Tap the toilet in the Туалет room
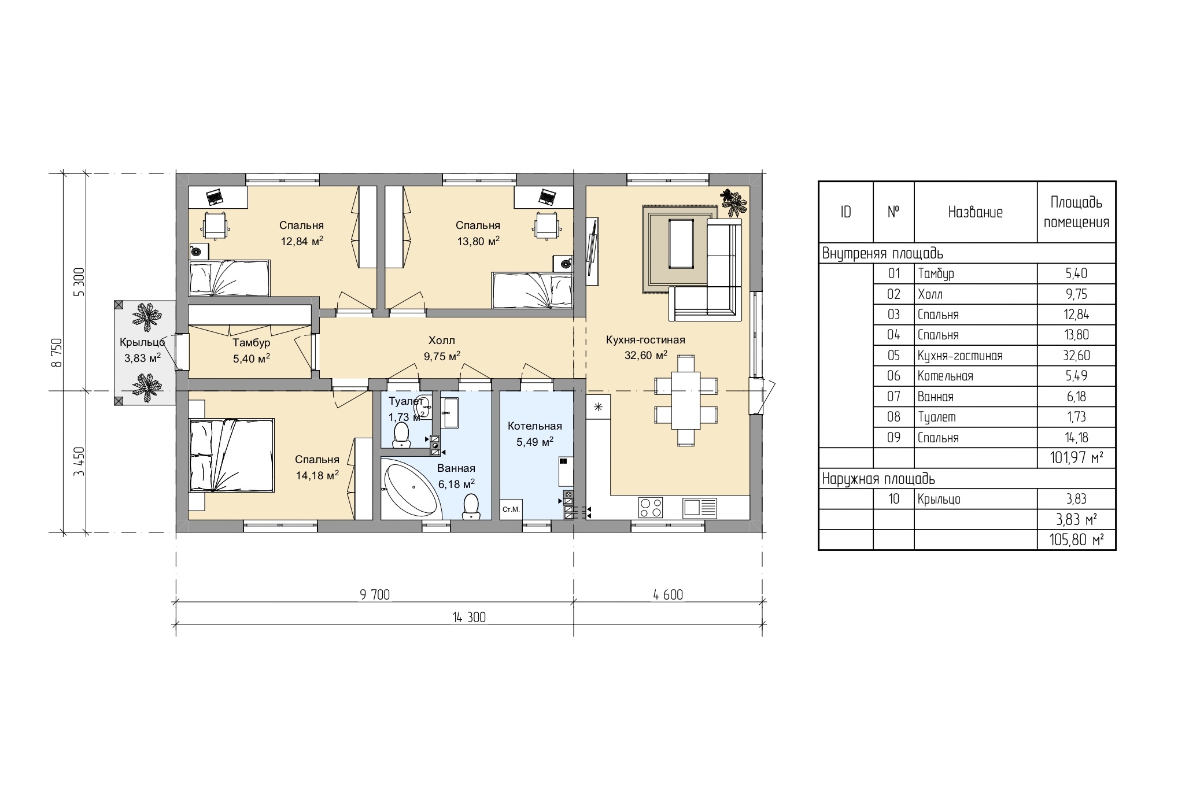pyautogui.click(x=401, y=435)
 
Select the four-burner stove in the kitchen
pyautogui.click(x=651, y=508)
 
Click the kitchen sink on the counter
pyautogui.click(x=700, y=508)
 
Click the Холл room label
pyautogui.click(x=442, y=341)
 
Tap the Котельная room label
pyautogui.click(x=535, y=426)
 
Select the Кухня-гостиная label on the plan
pyautogui.click(x=645, y=340)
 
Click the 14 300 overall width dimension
pyautogui.click(x=469, y=618)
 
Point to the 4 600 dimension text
pyautogui.click(x=668, y=595)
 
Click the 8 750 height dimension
pyautogui.click(x=56, y=353)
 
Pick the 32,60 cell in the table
pyautogui.click(x=1076, y=356)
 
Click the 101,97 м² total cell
pyautogui.click(x=1076, y=459)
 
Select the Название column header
pyautogui.click(x=976, y=212)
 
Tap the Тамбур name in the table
pyautogui.click(x=936, y=273)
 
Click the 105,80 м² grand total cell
pyautogui.click(x=1076, y=541)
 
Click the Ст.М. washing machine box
pyautogui.click(x=511, y=509)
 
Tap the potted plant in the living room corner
pyautogui.click(x=733, y=202)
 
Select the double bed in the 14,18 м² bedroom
pyautogui.click(x=231, y=456)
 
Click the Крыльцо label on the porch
pyautogui.click(x=142, y=342)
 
